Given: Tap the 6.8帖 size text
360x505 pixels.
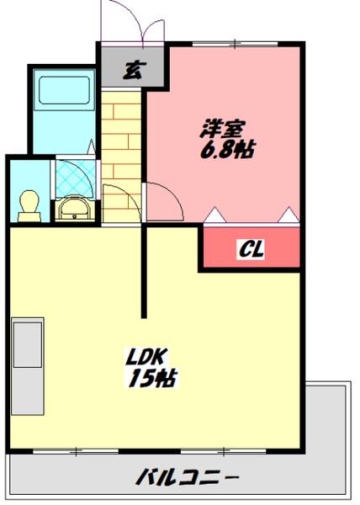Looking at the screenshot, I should (x=227, y=151).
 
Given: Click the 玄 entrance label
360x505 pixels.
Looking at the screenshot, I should (x=130, y=70).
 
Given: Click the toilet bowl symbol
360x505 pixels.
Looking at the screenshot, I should (x=29, y=205).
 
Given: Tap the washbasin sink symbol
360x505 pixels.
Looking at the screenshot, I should (x=77, y=209).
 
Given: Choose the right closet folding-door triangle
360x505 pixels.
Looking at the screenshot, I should (x=289, y=215).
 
